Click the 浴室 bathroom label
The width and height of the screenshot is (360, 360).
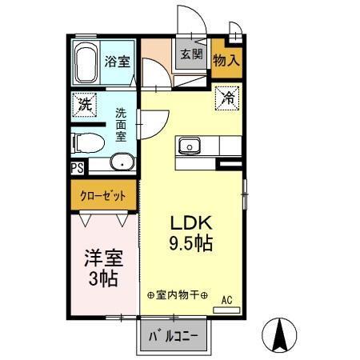[118, 61]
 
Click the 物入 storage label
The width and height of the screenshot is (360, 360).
[226, 59]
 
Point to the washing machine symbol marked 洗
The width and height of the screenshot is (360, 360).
[83, 103]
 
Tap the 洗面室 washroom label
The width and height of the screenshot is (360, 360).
[120, 125]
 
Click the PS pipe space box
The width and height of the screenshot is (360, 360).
[77, 168]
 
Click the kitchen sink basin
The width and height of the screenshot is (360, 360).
[190, 146]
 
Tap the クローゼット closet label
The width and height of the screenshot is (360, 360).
[102, 194]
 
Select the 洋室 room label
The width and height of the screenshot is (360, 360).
[103, 260]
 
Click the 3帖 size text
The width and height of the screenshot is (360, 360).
[103, 280]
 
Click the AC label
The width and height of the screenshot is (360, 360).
[226, 300]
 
